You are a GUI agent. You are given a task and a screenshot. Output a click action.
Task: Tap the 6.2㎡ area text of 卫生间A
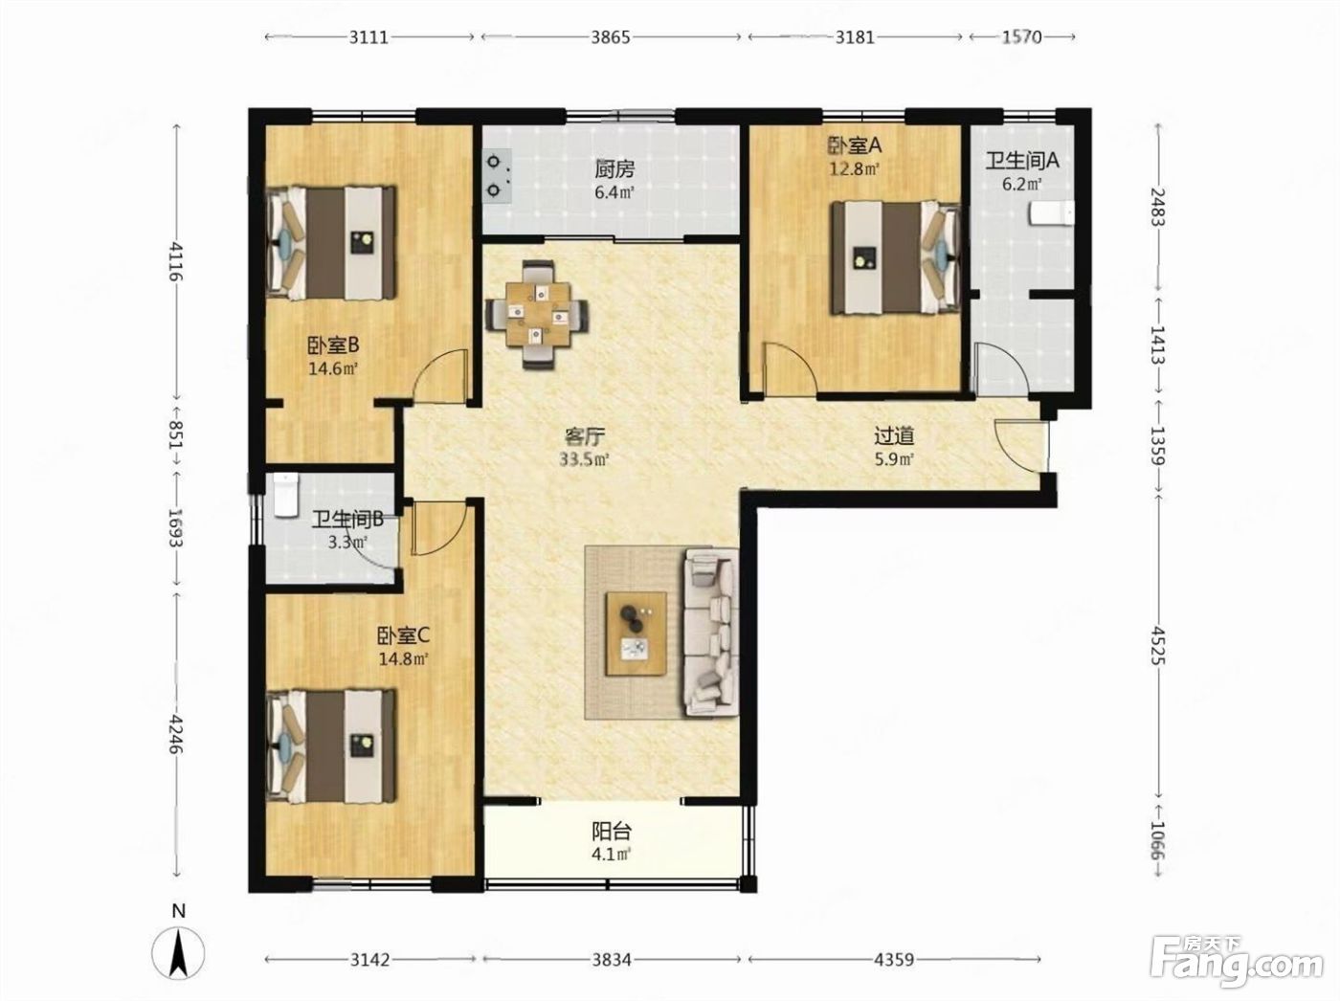pos(1021,184)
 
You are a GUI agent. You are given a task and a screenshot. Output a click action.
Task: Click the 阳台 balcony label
pos(612,832)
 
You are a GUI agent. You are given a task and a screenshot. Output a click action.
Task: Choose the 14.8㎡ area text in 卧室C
pos(403,659)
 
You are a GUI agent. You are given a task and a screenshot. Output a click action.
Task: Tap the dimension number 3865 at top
pos(611,37)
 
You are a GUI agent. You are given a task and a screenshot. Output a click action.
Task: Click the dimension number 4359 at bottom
pos(894,960)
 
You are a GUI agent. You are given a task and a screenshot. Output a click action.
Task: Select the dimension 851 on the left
pos(176,435)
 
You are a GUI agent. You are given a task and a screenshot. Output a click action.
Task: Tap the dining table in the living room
pos(537,314)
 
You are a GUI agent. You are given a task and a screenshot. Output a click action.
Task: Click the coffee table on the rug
pos(635,634)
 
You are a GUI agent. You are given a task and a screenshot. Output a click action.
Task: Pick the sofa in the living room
pos(711,632)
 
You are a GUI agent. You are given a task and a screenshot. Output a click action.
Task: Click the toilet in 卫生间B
pos(284,495)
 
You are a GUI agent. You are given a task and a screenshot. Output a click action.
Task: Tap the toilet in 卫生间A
pos(1051,213)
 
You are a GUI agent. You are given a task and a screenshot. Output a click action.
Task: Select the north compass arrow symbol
pos(178,953)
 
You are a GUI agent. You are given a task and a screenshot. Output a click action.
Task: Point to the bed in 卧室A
pos(895,257)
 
